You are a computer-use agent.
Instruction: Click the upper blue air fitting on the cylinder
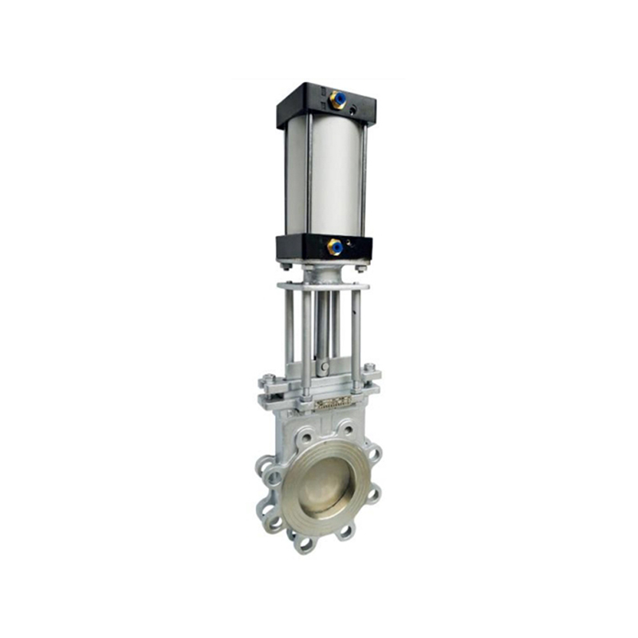pyautogui.click(x=337, y=100)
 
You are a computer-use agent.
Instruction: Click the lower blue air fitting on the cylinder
pyautogui.click(x=336, y=247)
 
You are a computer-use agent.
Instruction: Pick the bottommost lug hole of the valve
pyautogui.click(x=305, y=542)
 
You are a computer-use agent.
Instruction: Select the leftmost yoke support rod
pyautogui.click(x=287, y=335)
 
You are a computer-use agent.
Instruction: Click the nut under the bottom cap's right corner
pyautogui.click(x=361, y=268)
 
